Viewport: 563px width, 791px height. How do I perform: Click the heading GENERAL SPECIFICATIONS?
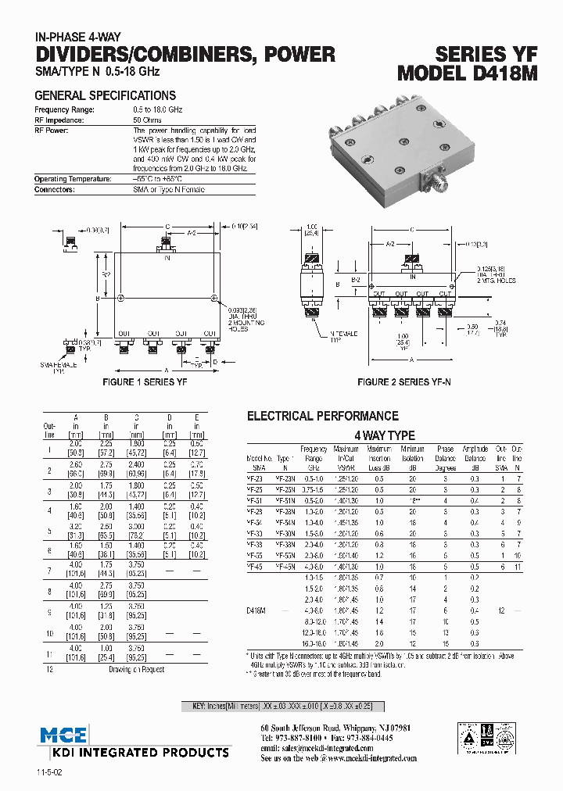pyautogui.click(x=105, y=95)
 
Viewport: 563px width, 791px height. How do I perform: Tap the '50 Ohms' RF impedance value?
pyautogui.click(x=147, y=120)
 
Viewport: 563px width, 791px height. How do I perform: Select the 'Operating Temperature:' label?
pyautogui.click(x=72, y=179)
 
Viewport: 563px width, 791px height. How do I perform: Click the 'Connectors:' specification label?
pyautogui.click(x=54, y=189)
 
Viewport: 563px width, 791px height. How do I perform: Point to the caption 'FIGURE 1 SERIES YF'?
pyautogui.click(x=145, y=382)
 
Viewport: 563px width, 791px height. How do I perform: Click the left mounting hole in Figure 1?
pyautogui.click(x=120, y=298)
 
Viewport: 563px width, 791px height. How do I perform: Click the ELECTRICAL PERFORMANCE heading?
pyautogui.click(x=322, y=417)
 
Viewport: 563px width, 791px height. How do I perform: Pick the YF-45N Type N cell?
pyautogui.click(x=285, y=567)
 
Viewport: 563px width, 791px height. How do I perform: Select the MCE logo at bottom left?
pyautogui.click(x=63, y=735)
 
